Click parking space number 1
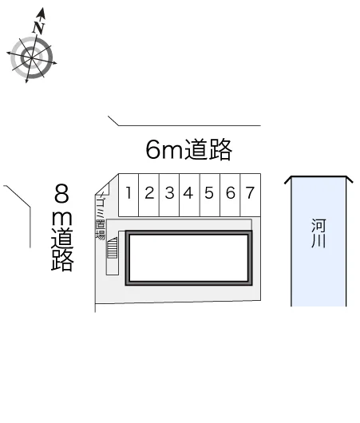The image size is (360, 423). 129,195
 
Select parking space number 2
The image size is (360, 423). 149,195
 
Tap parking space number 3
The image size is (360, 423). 169,195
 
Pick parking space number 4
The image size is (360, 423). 189,195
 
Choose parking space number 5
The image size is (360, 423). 210,195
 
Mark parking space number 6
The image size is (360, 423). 230,195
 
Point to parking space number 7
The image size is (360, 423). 251,195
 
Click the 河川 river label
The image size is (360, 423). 318,233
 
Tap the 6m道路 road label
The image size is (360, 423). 188,149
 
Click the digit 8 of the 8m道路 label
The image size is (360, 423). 61,193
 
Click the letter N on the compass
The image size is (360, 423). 38,27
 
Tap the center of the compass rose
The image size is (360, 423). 32,57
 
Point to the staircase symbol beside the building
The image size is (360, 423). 113,247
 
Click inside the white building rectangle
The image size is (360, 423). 188,258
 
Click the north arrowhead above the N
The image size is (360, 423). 42,14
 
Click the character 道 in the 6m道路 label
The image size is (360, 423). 197,149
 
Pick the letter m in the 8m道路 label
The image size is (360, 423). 61,218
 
